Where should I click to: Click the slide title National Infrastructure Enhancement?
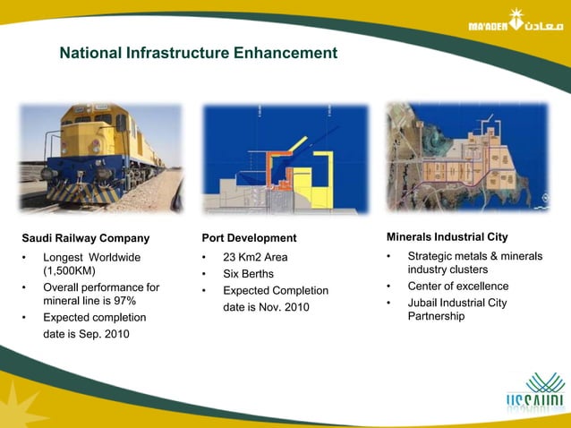click(x=198, y=54)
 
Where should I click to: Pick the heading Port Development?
click(x=249, y=238)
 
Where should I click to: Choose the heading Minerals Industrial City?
click(x=447, y=237)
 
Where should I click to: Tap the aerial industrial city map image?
click(x=466, y=158)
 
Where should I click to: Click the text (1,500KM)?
click(x=70, y=271)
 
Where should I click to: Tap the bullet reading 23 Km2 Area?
click(x=255, y=257)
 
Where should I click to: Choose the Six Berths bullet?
click(x=248, y=274)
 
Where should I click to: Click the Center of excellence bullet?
click(x=457, y=287)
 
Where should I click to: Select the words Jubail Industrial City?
click(x=456, y=303)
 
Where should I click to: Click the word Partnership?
click(x=436, y=316)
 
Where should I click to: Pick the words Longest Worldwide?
click(x=92, y=257)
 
